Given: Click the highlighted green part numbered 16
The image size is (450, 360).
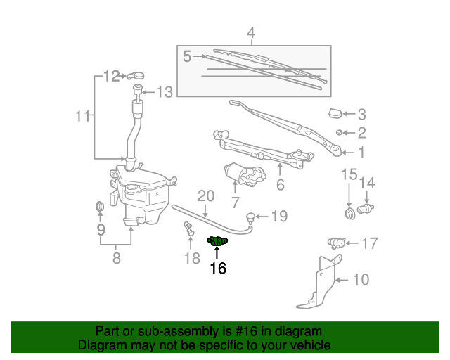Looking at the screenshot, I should pos(218,242).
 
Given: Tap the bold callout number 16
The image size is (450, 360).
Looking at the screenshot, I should pos(218,268).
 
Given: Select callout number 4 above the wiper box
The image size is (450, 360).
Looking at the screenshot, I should pos(251,32).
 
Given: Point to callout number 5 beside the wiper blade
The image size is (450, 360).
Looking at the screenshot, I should pos(187,56).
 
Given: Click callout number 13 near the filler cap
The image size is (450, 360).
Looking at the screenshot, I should pos(164,91).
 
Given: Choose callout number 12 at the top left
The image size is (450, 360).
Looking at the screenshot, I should pos(112,76).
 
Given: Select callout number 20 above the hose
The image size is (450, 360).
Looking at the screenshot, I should pos(205,195).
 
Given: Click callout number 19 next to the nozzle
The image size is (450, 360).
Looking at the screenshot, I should pos(279,216).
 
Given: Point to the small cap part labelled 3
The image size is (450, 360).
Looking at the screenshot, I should pos(336,113).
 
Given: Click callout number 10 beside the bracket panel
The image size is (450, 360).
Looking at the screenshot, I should pos(360,280).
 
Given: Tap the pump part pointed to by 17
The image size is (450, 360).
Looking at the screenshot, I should pos(337,243).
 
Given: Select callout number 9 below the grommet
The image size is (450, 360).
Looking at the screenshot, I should pos(101,229).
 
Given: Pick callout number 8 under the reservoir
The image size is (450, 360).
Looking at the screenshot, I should pos(117,258).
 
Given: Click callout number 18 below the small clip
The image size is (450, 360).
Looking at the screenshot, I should pos(192,258).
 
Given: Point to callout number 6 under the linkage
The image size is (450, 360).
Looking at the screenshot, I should pos(280,186).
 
